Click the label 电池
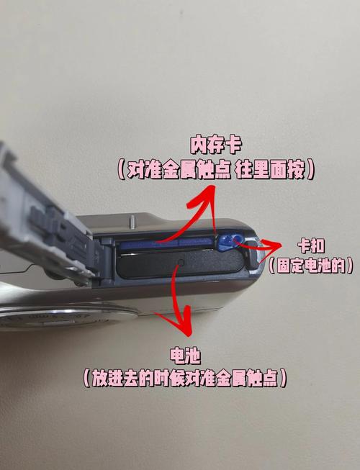[186, 355]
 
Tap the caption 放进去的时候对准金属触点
[186, 378]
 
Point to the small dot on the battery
[181, 263]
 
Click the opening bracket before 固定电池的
[273, 265]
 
